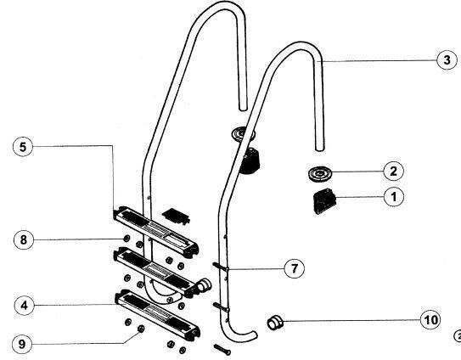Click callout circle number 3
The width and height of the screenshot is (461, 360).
coord(447,60)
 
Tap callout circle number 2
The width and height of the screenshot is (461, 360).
coord(393,171)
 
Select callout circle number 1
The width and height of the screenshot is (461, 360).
coord(394,196)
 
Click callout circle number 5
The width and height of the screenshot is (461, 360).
coord(23,147)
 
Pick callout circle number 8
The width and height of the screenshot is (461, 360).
coord(24,239)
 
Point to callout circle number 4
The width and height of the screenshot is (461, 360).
coord(24,306)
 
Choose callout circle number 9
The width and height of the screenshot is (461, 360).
coord(22,344)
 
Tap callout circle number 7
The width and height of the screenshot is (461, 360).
coord(295,268)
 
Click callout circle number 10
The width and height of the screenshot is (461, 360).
coord(430,320)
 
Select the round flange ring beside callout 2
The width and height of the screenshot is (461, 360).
coord(320,173)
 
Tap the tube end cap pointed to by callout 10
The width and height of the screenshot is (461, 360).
coord(275,322)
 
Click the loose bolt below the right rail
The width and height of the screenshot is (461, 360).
coord(222,350)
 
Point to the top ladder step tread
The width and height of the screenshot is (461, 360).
coord(156,230)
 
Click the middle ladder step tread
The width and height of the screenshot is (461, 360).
coord(155,272)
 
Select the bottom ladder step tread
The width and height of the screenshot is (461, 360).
coord(157,313)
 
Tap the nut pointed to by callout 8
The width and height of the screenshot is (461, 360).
coord(126,239)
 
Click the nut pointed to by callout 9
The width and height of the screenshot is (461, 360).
coord(141,329)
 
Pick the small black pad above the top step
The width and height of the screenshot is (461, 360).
coord(176,216)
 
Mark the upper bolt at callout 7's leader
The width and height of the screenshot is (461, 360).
coord(221,267)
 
